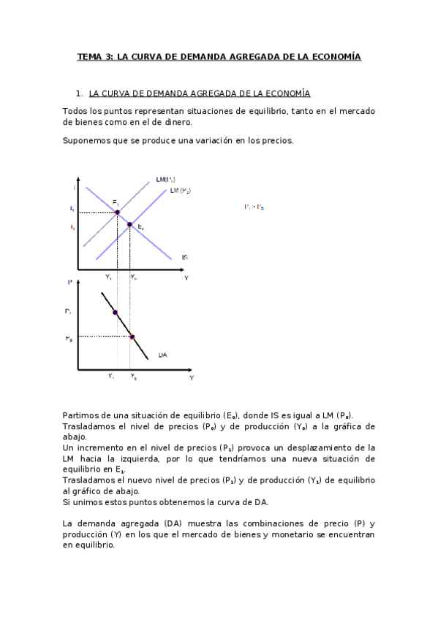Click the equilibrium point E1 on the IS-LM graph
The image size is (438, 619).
click(117, 212)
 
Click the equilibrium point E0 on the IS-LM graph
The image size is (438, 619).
click(130, 225)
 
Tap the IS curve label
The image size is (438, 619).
click(186, 257)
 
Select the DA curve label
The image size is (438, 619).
click(162, 355)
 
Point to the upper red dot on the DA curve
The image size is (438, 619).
click(115, 312)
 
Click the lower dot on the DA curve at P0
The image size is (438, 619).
click(132, 337)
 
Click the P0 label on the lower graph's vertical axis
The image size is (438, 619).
click(69, 339)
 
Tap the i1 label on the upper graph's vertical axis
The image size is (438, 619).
click(72, 209)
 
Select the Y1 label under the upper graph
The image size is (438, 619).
click(108, 277)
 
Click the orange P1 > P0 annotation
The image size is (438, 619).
click(254, 207)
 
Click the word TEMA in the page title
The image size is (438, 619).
click(91, 56)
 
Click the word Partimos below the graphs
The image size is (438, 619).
click(80, 414)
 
